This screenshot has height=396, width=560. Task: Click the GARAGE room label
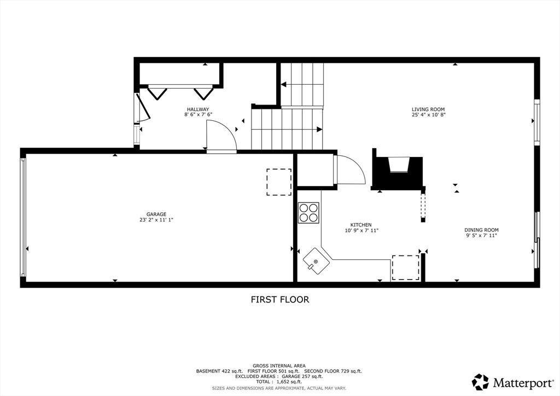(156, 214)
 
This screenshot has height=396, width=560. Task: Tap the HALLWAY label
(198, 109)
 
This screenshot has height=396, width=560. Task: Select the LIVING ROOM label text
(428, 109)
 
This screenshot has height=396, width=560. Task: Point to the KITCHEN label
(361, 225)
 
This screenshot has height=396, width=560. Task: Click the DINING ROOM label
(481, 230)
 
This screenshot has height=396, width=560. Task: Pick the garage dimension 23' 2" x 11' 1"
(156, 220)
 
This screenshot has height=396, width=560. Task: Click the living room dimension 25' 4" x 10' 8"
(428, 115)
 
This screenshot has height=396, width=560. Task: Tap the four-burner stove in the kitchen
(308, 213)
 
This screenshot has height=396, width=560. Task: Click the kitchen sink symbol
(317, 261)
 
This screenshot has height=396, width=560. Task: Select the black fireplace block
(398, 173)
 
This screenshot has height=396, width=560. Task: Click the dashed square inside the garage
(279, 182)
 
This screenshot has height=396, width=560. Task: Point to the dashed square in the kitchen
(406, 268)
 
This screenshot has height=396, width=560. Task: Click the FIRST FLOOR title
(279, 299)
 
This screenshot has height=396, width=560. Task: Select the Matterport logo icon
(480, 382)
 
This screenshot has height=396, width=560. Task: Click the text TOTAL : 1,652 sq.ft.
(279, 382)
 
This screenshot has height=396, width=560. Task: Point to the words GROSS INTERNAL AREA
(279, 366)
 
